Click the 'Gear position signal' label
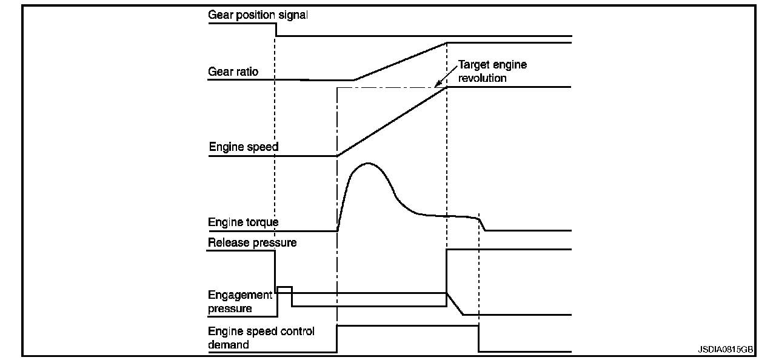258,15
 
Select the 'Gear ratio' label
233,72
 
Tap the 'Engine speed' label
244,147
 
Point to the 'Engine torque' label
243,222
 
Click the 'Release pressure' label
252,243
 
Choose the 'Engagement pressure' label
240,302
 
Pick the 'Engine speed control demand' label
261,338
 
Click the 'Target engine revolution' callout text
492,71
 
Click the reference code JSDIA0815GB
725,350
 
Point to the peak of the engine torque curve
367,164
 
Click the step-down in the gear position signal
276,30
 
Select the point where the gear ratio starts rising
354,79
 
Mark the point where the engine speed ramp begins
337,156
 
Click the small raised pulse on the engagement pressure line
284,287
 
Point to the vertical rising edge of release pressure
446,270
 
